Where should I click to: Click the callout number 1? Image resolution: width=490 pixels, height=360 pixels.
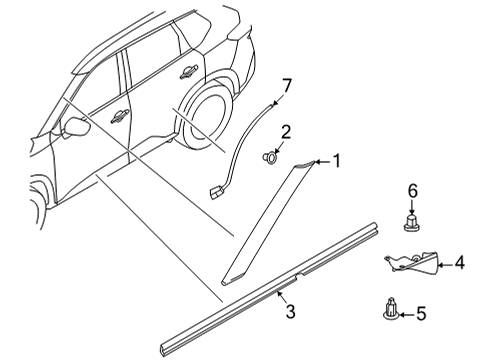click(337, 159)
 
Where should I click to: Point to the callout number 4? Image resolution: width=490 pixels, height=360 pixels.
click(459, 265)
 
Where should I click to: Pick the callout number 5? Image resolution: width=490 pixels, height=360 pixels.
click(420, 314)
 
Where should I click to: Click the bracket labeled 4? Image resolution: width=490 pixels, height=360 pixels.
click(413, 264)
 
